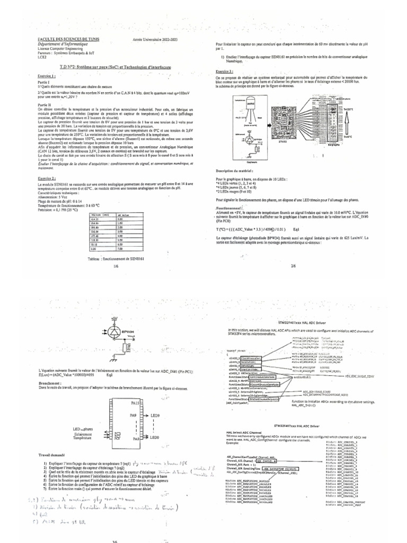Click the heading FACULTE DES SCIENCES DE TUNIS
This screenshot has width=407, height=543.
tap(65, 40)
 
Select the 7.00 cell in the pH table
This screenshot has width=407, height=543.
tap(121, 249)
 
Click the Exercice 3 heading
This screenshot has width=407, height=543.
tap(225, 71)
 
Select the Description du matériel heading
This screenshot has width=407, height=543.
tap(238, 171)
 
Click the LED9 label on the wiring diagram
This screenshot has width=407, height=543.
tap(155, 401)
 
